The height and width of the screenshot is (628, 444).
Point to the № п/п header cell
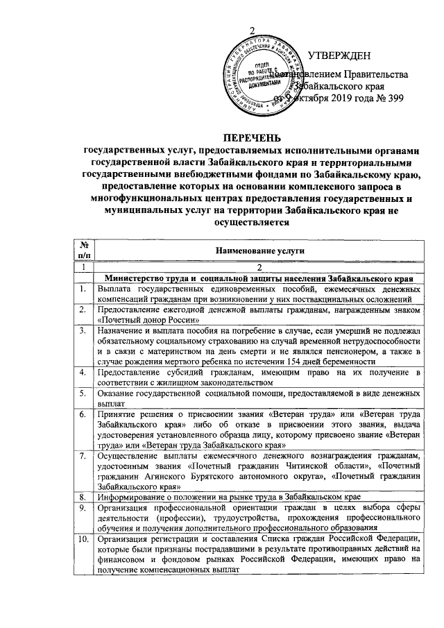[x=83, y=251]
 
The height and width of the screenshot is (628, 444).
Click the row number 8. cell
[x=83, y=497]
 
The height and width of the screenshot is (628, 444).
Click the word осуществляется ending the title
[x=252, y=223]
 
